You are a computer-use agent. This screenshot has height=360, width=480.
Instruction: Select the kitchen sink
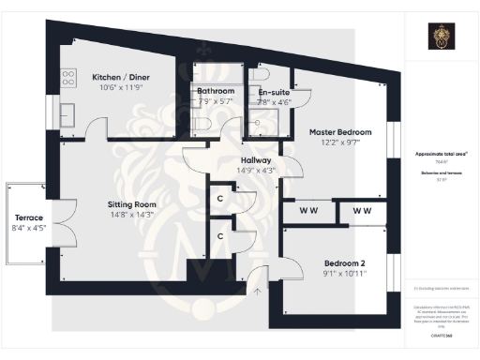click(x=68, y=115)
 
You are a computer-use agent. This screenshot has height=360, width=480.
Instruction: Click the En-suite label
click(x=274, y=92)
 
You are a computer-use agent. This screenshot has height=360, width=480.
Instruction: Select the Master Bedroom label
click(x=340, y=132)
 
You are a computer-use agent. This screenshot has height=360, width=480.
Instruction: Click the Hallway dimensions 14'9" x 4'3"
click(x=255, y=171)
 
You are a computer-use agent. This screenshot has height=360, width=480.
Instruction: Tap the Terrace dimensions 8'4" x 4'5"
click(x=26, y=228)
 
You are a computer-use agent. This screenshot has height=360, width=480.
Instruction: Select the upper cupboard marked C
click(x=219, y=198)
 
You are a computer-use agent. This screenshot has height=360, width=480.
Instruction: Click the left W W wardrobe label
click(x=307, y=212)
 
